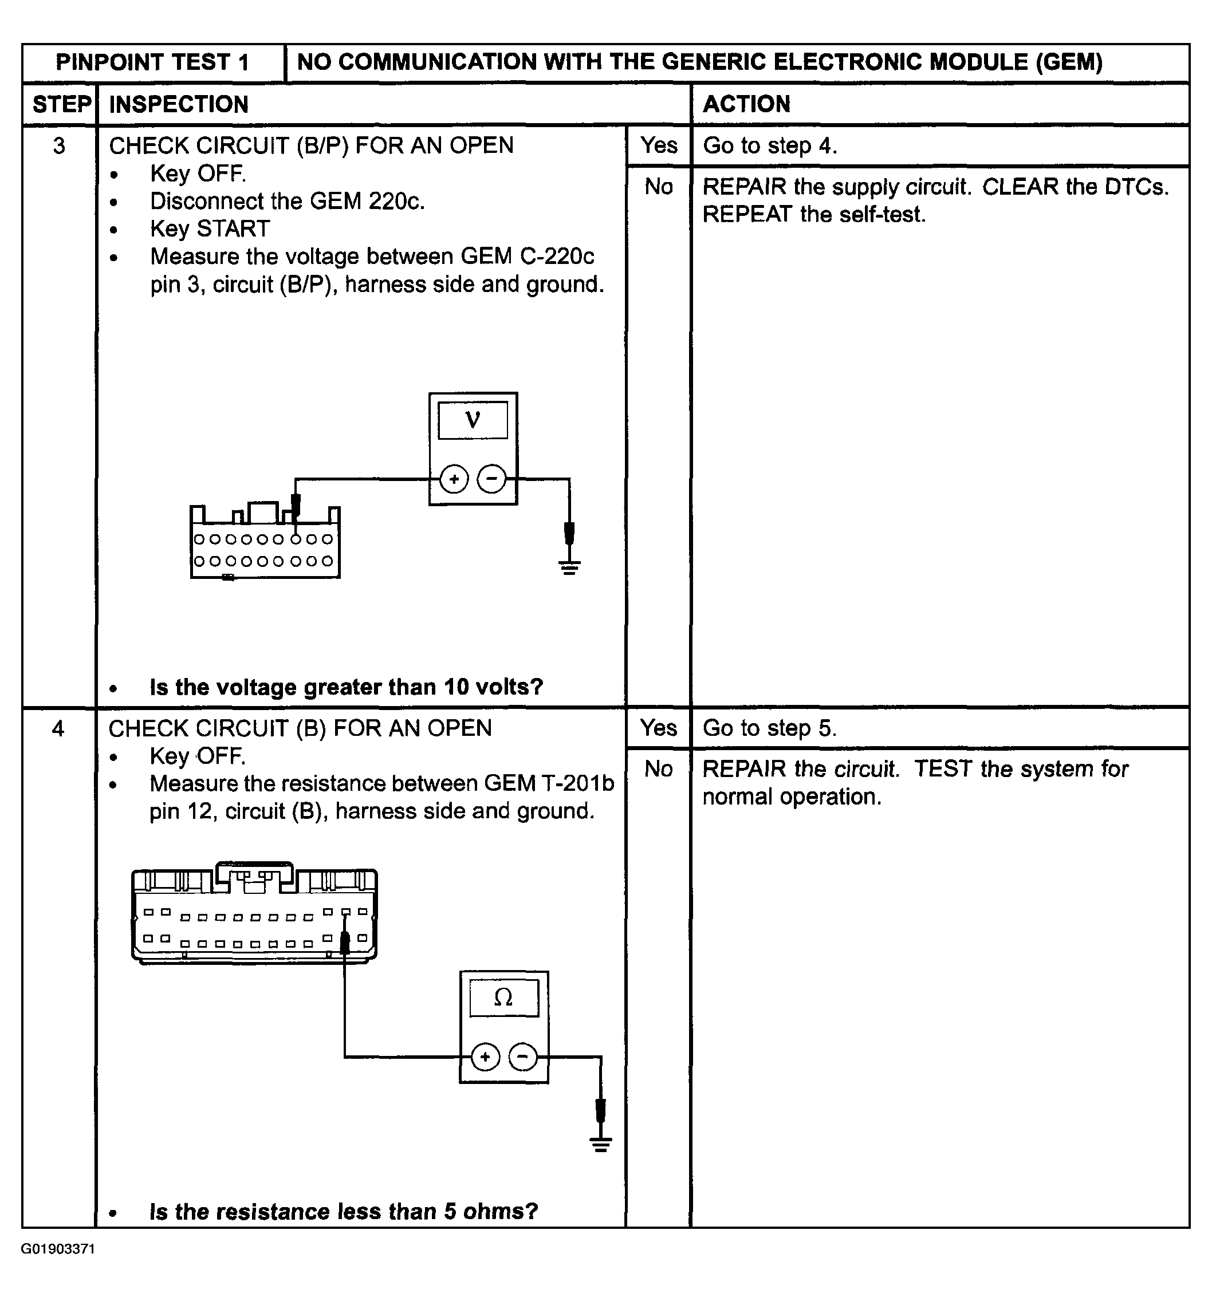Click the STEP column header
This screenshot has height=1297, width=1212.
[61, 104]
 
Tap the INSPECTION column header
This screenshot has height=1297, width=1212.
[178, 104]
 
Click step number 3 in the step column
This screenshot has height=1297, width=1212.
[59, 145]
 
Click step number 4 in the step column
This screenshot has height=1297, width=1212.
[58, 728]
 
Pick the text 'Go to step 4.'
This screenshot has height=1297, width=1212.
[769, 145]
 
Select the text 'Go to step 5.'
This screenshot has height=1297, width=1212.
[769, 728]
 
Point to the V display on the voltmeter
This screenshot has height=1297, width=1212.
[473, 420]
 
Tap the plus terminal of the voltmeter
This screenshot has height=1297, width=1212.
[454, 479]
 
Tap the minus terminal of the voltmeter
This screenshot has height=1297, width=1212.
[491, 479]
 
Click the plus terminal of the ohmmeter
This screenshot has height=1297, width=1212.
[485, 1057]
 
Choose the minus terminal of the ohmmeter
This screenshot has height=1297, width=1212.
[522, 1057]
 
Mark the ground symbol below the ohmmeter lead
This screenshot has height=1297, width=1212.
[600, 1144]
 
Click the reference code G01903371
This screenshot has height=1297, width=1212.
[57, 1249]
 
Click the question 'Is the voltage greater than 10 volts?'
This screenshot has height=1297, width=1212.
[346, 687]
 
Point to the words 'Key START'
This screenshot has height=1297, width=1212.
[210, 229]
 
